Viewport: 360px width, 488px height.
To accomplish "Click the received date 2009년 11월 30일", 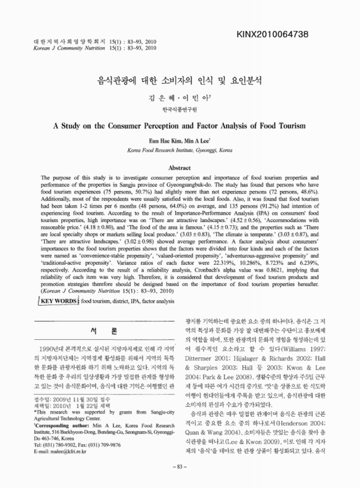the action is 67,409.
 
